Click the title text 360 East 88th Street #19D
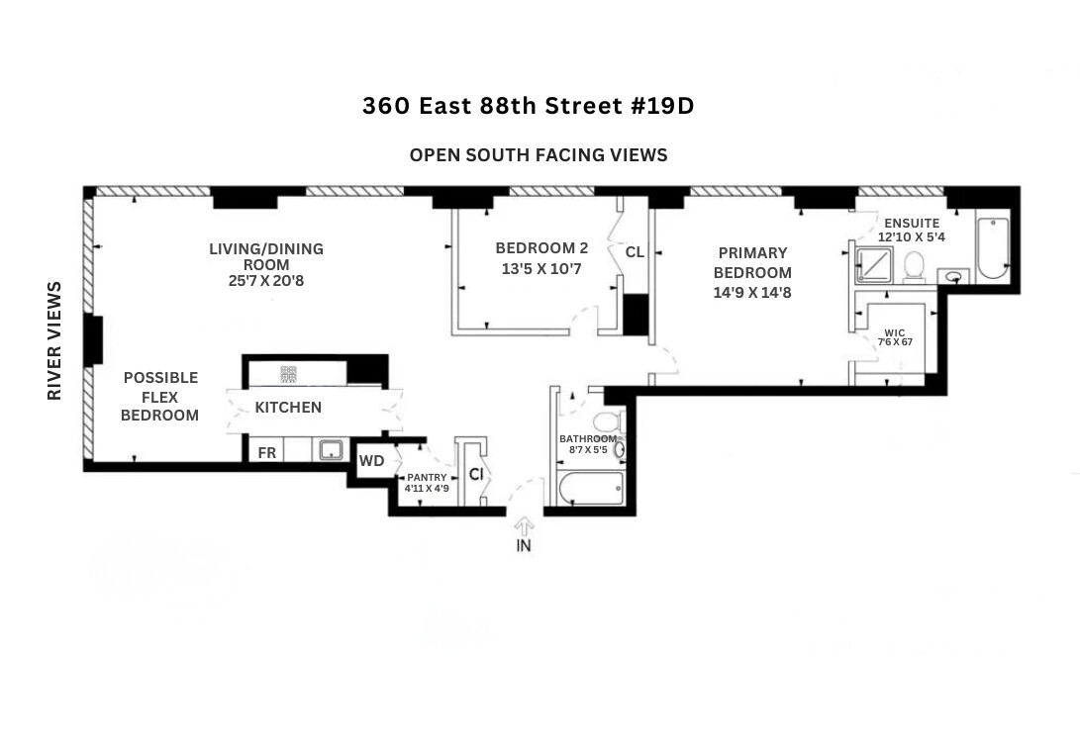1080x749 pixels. tap(528, 106)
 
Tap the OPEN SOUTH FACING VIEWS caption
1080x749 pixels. tap(539, 155)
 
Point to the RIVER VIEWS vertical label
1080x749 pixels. tap(54, 341)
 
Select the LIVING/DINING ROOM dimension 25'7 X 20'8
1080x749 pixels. tap(266, 281)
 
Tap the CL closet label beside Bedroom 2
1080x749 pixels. tap(635, 252)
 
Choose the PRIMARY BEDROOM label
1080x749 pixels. tap(752, 263)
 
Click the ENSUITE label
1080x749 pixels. tap(912, 224)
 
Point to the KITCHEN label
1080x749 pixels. tap(288, 408)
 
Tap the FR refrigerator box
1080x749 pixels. tap(267, 453)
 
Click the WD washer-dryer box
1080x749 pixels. tap(371, 461)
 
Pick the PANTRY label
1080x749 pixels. tap(427, 478)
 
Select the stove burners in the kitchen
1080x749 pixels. tap(289, 374)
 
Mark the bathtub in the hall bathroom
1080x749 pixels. tap(590, 490)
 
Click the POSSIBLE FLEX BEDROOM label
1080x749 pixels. tap(160, 397)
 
